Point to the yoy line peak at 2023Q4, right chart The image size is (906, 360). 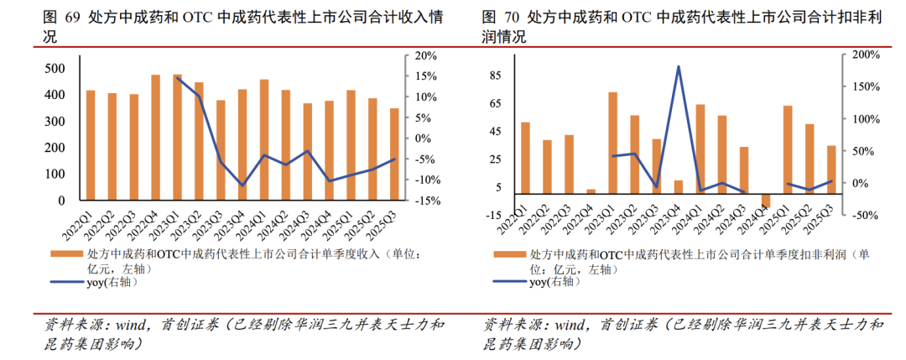(679, 67)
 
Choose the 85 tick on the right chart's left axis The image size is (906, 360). (494, 76)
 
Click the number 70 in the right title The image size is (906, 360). (513, 17)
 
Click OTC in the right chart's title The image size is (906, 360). (638, 17)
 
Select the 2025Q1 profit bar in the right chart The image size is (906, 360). (788, 150)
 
